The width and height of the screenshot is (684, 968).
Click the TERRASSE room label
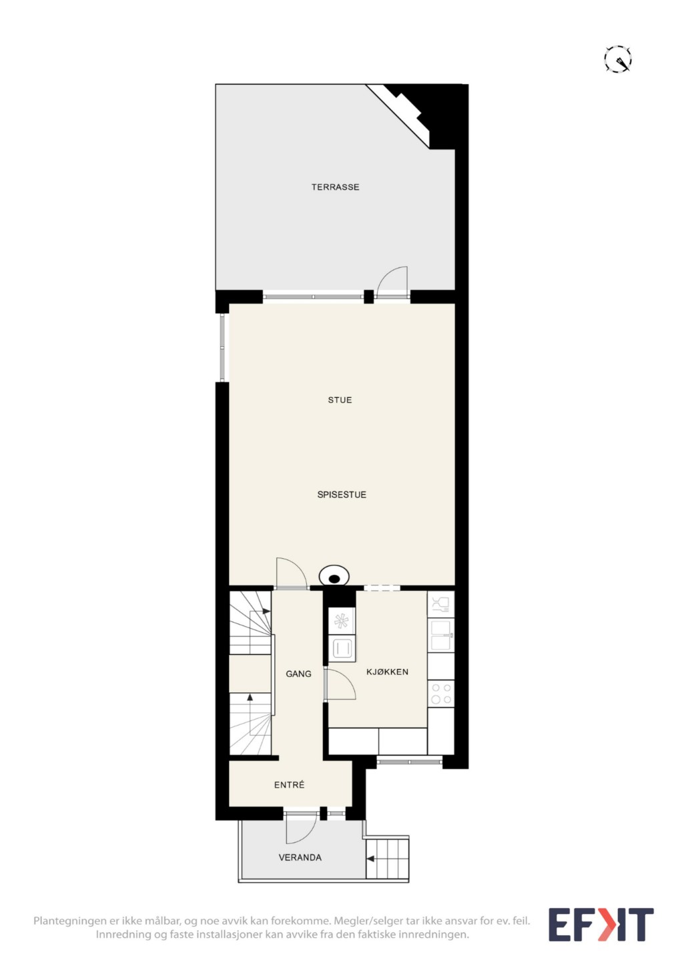(x=335, y=187)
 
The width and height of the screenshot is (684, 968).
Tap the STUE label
(x=340, y=400)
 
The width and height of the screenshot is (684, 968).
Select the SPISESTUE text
(x=342, y=495)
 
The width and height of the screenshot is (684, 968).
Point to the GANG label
(x=298, y=674)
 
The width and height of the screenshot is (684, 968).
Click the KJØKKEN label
(x=387, y=672)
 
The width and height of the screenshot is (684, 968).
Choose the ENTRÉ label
(x=289, y=785)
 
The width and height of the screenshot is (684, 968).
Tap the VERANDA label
(x=300, y=857)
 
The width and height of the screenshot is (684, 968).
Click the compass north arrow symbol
(x=618, y=58)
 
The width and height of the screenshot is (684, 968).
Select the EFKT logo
(x=601, y=925)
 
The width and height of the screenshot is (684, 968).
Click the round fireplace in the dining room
(x=334, y=577)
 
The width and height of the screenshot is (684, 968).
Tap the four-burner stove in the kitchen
(x=440, y=694)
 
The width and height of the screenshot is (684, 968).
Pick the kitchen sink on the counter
(x=440, y=636)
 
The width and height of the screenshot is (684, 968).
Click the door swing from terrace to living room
(x=391, y=282)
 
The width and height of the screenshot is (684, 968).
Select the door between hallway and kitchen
(x=340, y=684)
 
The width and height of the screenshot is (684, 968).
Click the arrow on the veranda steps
(x=370, y=859)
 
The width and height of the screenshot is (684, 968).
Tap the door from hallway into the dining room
(x=292, y=573)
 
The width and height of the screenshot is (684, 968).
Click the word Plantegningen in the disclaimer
(x=70, y=921)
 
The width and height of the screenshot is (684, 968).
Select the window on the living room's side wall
(x=222, y=348)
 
